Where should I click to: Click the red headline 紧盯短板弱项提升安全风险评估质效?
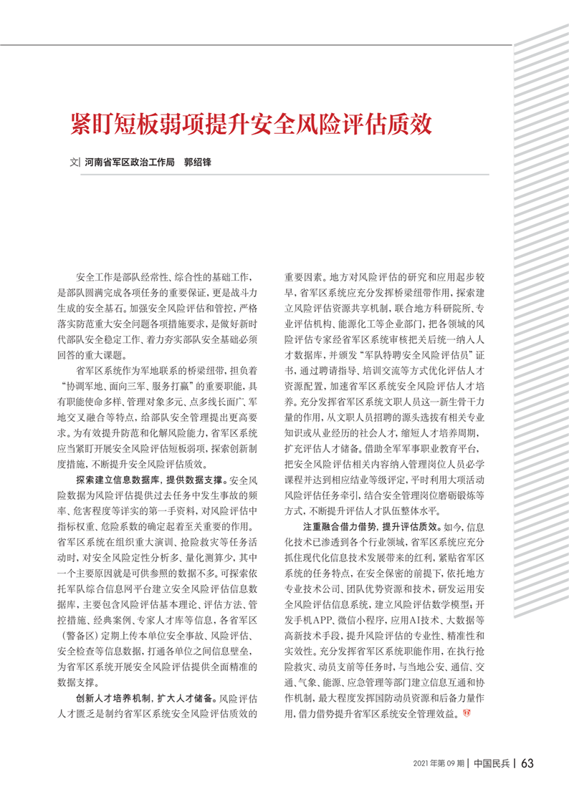[250, 124]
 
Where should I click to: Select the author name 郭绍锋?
[198, 163]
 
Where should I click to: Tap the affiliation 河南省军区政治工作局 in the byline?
[129, 163]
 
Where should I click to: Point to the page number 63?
[527, 762]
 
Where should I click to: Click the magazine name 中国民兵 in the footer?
[492, 763]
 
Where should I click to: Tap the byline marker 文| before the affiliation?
[74, 163]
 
